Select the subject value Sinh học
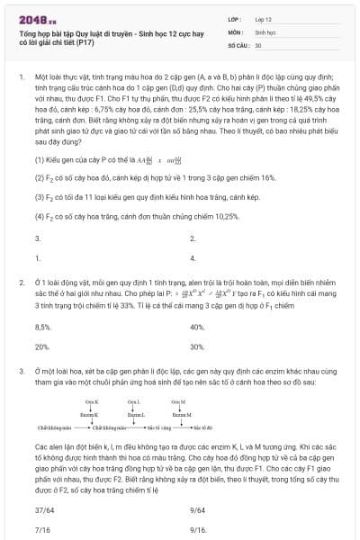(x=264, y=31)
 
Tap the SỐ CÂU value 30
(x=258, y=44)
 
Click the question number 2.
(x=20, y=282)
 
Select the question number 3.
(x=20, y=370)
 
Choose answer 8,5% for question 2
(x=42, y=328)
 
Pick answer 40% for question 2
(x=197, y=328)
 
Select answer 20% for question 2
(x=41, y=346)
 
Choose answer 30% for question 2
(x=197, y=346)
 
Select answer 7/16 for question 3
(x=41, y=529)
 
